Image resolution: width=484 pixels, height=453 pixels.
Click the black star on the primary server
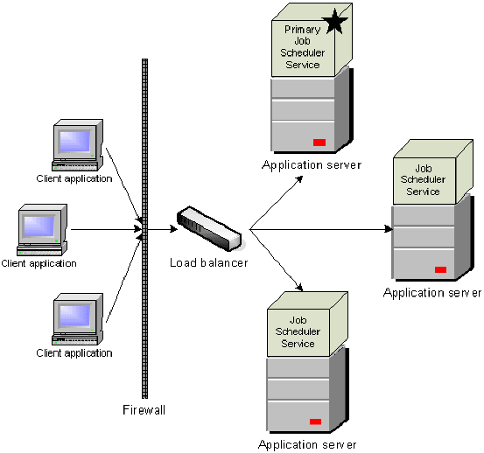pyautogui.click(x=335, y=24)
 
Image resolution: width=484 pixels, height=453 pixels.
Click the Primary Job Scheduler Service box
pyautogui.click(x=303, y=47)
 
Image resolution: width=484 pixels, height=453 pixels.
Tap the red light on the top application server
pyautogui.click(x=319, y=142)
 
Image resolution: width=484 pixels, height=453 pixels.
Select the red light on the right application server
pyautogui.click(x=440, y=269)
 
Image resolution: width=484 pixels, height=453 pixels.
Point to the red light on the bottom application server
pyautogui.click(x=315, y=422)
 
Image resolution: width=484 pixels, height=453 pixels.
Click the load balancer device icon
pyautogui.click(x=207, y=226)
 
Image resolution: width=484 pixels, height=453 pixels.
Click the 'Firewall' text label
pyautogui.click(x=144, y=409)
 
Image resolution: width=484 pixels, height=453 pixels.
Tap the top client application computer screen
pyautogui.click(x=74, y=141)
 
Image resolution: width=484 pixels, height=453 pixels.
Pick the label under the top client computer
pyautogui.click(x=74, y=178)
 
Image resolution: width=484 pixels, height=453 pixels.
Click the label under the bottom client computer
pyautogui.click(x=74, y=353)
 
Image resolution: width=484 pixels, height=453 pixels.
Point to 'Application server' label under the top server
pyautogui.click(x=311, y=165)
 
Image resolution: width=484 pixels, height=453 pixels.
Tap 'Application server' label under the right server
pyautogui.click(x=432, y=293)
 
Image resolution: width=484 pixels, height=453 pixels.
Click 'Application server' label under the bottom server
pyautogui.click(x=307, y=444)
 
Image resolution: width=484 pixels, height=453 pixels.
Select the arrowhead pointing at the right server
pyautogui.click(x=387, y=230)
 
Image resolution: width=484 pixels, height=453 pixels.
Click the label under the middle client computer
pyautogui.click(x=39, y=263)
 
